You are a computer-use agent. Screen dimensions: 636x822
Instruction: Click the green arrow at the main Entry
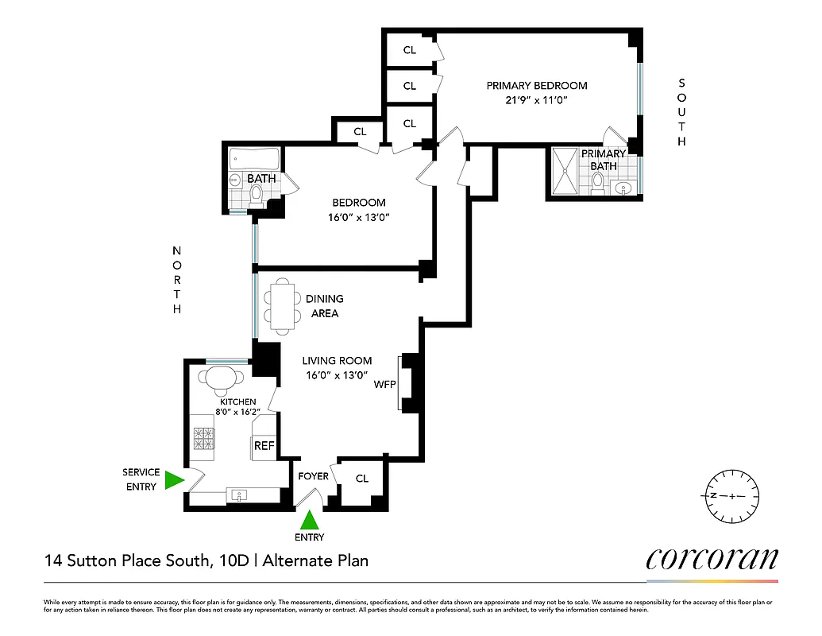pyautogui.click(x=310, y=521)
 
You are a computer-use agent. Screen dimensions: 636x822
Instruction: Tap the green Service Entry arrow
pyautogui.click(x=174, y=480)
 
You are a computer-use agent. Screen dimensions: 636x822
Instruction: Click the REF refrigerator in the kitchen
pyautogui.click(x=264, y=446)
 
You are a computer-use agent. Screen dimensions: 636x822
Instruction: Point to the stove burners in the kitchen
pyautogui.click(x=204, y=439)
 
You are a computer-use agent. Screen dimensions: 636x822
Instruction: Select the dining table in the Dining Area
pyautogui.click(x=282, y=307)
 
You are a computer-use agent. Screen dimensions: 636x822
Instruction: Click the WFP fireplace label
pyautogui.click(x=385, y=384)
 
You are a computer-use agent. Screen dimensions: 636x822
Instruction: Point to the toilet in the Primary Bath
pyautogui.click(x=597, y=183)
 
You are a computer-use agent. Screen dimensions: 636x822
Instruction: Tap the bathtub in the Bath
pyautogui.click(x=253, y=157)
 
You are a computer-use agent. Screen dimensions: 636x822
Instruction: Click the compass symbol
pyautogui.click(x=732, y=496)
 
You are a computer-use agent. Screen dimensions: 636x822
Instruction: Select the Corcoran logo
pyautogui.click(x=712, y=559)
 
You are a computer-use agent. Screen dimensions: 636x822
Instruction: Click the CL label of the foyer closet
pyautogui.click(x=362, y=479)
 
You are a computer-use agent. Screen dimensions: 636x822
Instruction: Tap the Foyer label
pyautogui.click(x=313, y=476)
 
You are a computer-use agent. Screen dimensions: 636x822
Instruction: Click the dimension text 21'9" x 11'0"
pyautogui.click(x=536, y=102)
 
